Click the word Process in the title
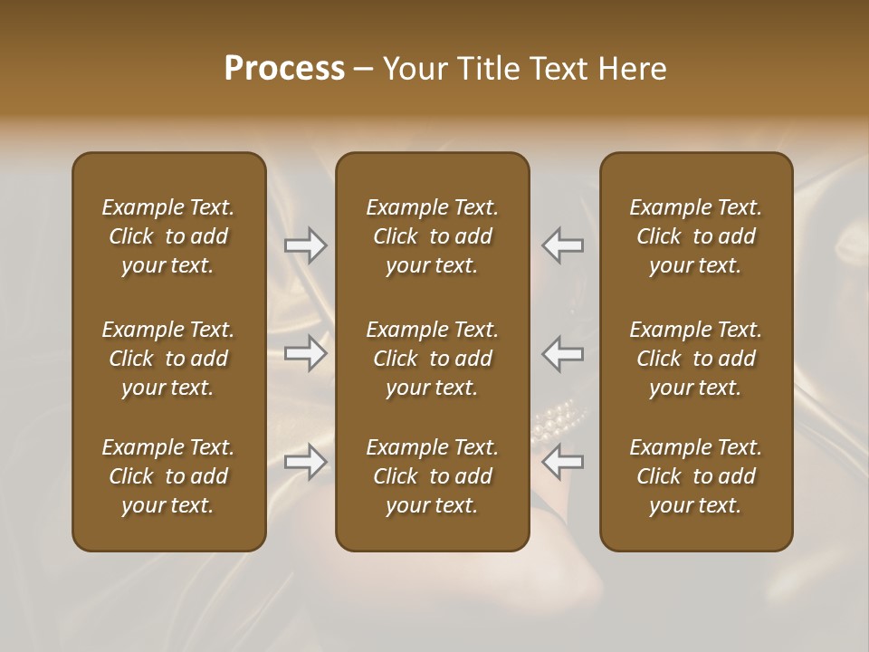(x=284, y=69)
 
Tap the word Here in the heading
(x=630, y=69)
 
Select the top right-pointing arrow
(x=306, y=244)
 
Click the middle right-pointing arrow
(x=306, y=353)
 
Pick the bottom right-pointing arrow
(x=306, y=462)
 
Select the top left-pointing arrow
(x=562, y=244)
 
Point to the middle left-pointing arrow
(x=562, y=353)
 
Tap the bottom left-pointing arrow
(x=562, y=462)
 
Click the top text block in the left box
(x=168, y=236)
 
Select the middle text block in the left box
(x=168, y=359)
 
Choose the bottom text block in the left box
(x=168, y=476)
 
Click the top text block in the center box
(x=432, y=236)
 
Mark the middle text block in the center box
(x=432, y=359)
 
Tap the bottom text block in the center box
(x=432, y=476)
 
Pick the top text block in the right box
(x=695, y=236)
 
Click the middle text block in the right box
(x=695, y=359)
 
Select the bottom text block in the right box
(x=695, y=476)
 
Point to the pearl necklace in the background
(x=559, y=419)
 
